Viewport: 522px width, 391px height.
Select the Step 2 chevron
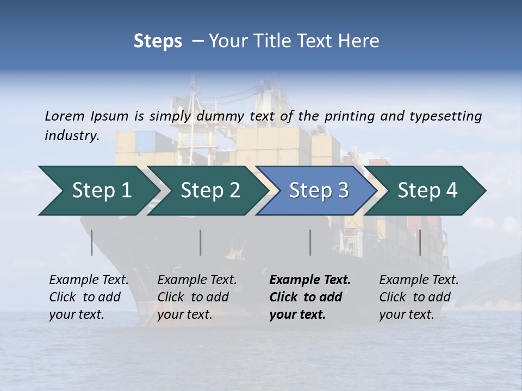tap(209, 191)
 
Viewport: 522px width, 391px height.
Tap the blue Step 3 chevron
tap(318, 191)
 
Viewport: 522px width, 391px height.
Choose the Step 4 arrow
tap(427, 191)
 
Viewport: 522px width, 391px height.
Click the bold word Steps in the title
tap(158, 41)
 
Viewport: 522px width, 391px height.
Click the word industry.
tap(71, 136)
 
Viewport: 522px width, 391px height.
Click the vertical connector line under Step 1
tap(92, 242)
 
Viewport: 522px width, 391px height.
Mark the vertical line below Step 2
tap(201, 242)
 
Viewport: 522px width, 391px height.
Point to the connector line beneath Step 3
tap(310, 242)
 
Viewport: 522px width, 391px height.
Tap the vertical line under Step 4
tap(420, 242)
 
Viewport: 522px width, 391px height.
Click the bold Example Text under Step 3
tap(310, 280)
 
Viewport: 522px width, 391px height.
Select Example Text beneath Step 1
tap(89, 280)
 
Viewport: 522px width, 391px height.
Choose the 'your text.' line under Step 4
tap(406, 314)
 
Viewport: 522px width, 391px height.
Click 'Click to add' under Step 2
tap(193, 298)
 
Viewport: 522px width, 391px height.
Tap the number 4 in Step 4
tap(451, 191)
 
